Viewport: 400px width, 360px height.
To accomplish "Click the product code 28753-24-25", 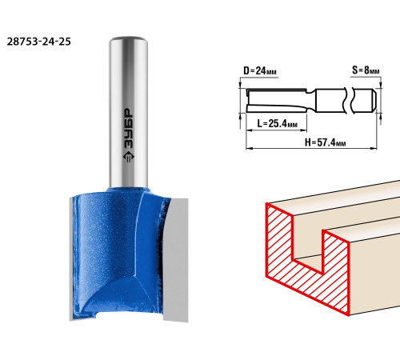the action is coord(39,42).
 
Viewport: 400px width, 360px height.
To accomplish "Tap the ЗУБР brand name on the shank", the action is coord(129,128).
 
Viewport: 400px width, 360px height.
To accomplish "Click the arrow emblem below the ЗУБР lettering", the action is coord(129,157).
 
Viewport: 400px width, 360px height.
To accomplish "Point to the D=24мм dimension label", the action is coord(260,71).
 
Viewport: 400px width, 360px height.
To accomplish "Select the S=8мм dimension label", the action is coord(366,70).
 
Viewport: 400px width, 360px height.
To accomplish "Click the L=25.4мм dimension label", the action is coord(277,124).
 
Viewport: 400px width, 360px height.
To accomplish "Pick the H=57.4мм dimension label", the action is coord(326,142).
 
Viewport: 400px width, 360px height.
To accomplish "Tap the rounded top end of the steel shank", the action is coord(129,39).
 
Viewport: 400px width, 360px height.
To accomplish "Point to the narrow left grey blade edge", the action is coord(71,258).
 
